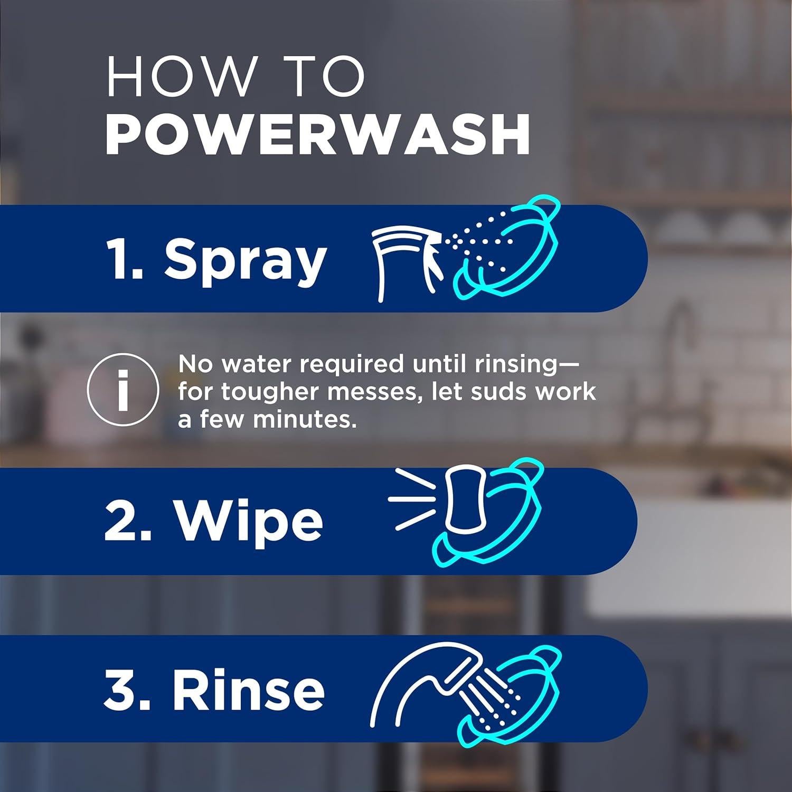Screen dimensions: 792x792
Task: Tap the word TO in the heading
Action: tap(327, 77)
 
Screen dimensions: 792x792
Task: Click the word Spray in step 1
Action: tap(245, 260)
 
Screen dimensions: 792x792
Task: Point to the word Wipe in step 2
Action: tap(249, 522)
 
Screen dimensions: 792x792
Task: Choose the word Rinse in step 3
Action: tap(248, 690)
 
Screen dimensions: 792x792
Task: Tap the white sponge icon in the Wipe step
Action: tap(464, 499)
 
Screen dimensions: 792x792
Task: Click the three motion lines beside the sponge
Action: tap(412, 498)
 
